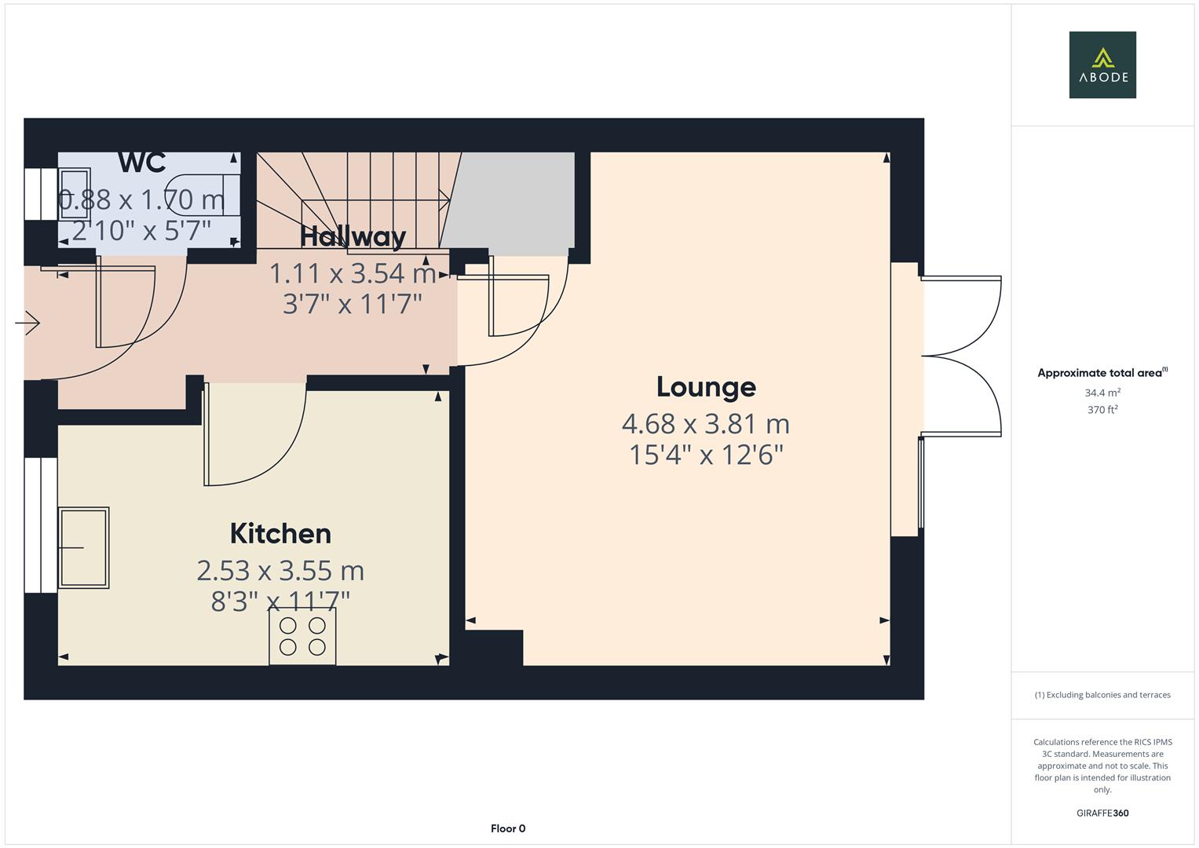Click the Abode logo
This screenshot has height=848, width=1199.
point(1102,64)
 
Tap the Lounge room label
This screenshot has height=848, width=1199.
point(706,386)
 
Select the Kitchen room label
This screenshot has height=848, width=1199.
point(280,534)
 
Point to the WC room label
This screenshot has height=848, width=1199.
point(142,163)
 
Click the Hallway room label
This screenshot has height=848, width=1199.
point(353,236)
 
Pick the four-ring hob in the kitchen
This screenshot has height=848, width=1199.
point(302,636)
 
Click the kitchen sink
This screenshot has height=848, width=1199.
point(84,547)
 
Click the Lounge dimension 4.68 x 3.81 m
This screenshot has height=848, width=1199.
point(705,424)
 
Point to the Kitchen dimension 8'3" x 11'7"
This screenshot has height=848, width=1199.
point(280,601)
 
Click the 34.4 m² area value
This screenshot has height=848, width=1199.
point(1102,393)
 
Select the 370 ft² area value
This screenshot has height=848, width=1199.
point(1102,410)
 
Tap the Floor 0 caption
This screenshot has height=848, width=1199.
point(508,828)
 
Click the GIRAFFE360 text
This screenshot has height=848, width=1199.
point(1102,813)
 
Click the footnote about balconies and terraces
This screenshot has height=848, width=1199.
point(1102,695)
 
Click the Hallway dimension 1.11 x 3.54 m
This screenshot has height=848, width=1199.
point(353,273)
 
